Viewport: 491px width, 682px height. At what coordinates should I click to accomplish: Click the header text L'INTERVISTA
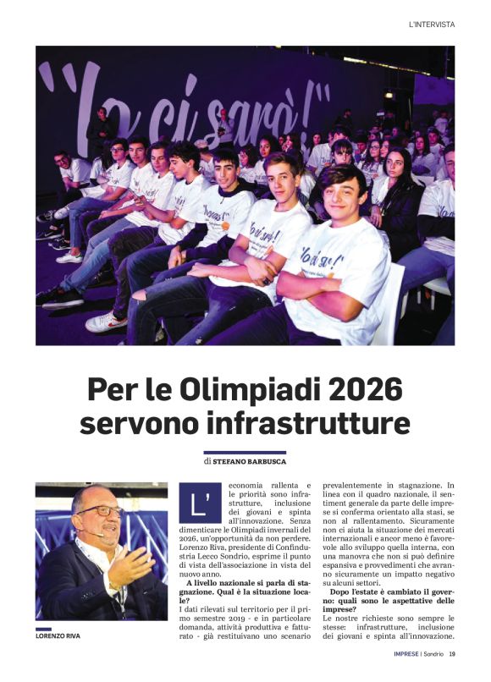431,25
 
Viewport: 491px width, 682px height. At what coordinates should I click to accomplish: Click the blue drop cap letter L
199,502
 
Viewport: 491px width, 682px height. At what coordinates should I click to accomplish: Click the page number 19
453,653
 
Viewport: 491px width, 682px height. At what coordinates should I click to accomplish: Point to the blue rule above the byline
245,453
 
